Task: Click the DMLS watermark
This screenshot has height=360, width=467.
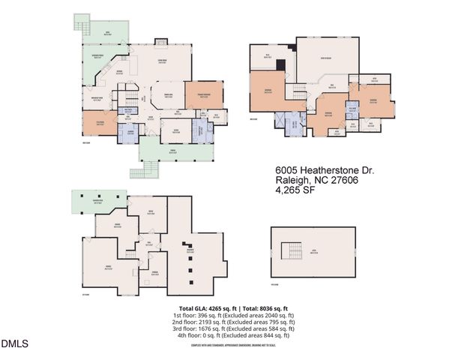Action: [14, 344]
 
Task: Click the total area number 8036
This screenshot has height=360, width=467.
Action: [262, 308]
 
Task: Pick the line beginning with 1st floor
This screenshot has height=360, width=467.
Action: [233, 316]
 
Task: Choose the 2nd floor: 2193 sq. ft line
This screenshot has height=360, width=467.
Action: [233, 322]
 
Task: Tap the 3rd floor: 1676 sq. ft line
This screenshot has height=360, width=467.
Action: [233, 329]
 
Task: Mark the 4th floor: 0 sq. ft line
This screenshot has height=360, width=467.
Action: [233, 336]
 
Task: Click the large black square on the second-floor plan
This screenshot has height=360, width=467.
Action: [281, 64]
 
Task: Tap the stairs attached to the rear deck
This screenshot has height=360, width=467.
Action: [82, 25]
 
